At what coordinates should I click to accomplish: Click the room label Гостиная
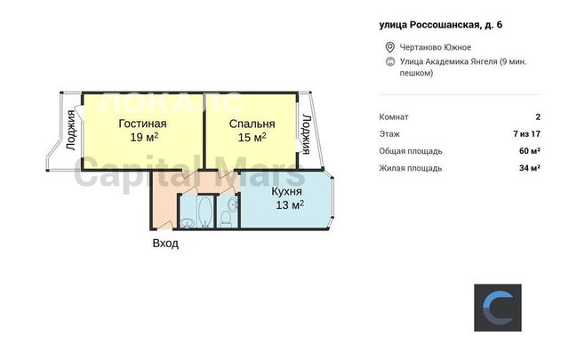coord(142,124)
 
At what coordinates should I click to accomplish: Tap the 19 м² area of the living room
coord(144,137)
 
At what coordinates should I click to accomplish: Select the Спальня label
coord(252,124)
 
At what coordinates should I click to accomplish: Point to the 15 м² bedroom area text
coord(252,138)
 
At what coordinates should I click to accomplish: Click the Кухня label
coord(286,192)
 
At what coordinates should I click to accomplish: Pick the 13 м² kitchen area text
coord(290,205)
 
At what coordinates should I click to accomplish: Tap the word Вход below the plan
coord(165,243)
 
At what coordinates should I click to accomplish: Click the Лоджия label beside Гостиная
coord(71,130)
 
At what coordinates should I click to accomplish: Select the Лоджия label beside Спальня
coord(307,134)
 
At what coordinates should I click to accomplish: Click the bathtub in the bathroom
coord(205,212)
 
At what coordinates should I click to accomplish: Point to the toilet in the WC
coord(226,220)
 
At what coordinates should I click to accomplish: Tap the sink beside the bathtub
coord(188,223)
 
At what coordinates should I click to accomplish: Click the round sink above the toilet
coord(233,204)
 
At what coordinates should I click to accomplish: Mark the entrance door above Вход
coord(165,225)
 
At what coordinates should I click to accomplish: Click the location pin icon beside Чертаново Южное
coord(389,47)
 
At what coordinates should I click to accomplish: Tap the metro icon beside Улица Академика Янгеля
coord(390,61)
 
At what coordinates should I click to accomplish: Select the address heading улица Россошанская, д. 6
coord(441,25)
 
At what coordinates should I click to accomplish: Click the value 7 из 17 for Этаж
coord(526,134)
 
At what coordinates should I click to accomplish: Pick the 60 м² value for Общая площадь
coord(530,151)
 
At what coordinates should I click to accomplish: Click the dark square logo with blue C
coord(498,308)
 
